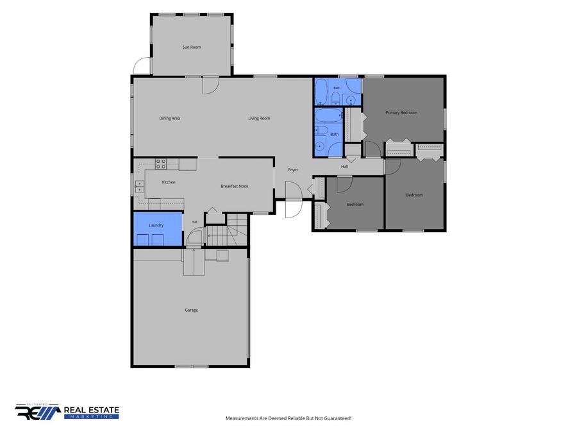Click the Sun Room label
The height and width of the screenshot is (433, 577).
click(x=192, y=47)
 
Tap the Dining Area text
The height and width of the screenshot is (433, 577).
click(x=170, y=118)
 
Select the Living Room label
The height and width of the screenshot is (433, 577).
click(x=259, y=118)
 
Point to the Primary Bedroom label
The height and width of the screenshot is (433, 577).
click(x=401, y=113)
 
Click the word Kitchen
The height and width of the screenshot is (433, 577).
click(x=169, y=182)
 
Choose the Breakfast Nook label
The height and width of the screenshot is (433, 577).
click(x=235, y=186)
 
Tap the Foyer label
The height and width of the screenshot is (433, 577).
click(x=293, y=170)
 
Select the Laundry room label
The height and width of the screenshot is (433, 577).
click(x=156, y=225)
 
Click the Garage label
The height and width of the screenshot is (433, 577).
click(x=191, y=310)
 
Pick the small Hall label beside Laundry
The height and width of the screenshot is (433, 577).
click(x=195, y=222)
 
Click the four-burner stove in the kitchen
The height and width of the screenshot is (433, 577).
click(x=161, y=164)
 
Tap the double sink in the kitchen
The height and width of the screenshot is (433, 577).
click(x=140, y=187)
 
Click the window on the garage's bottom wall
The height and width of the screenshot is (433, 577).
click(x=191, y=366)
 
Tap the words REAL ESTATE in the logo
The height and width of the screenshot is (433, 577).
click(x=92, y=410)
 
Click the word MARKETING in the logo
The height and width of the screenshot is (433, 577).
click(x=92, y=417)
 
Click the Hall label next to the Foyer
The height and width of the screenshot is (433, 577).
click(x=344, y=166)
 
